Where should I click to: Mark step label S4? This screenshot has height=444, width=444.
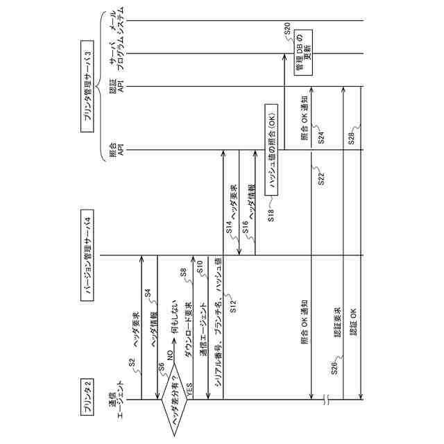click(x=148, y=293)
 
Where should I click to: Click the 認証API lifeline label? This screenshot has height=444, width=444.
click(x=117, y=87)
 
